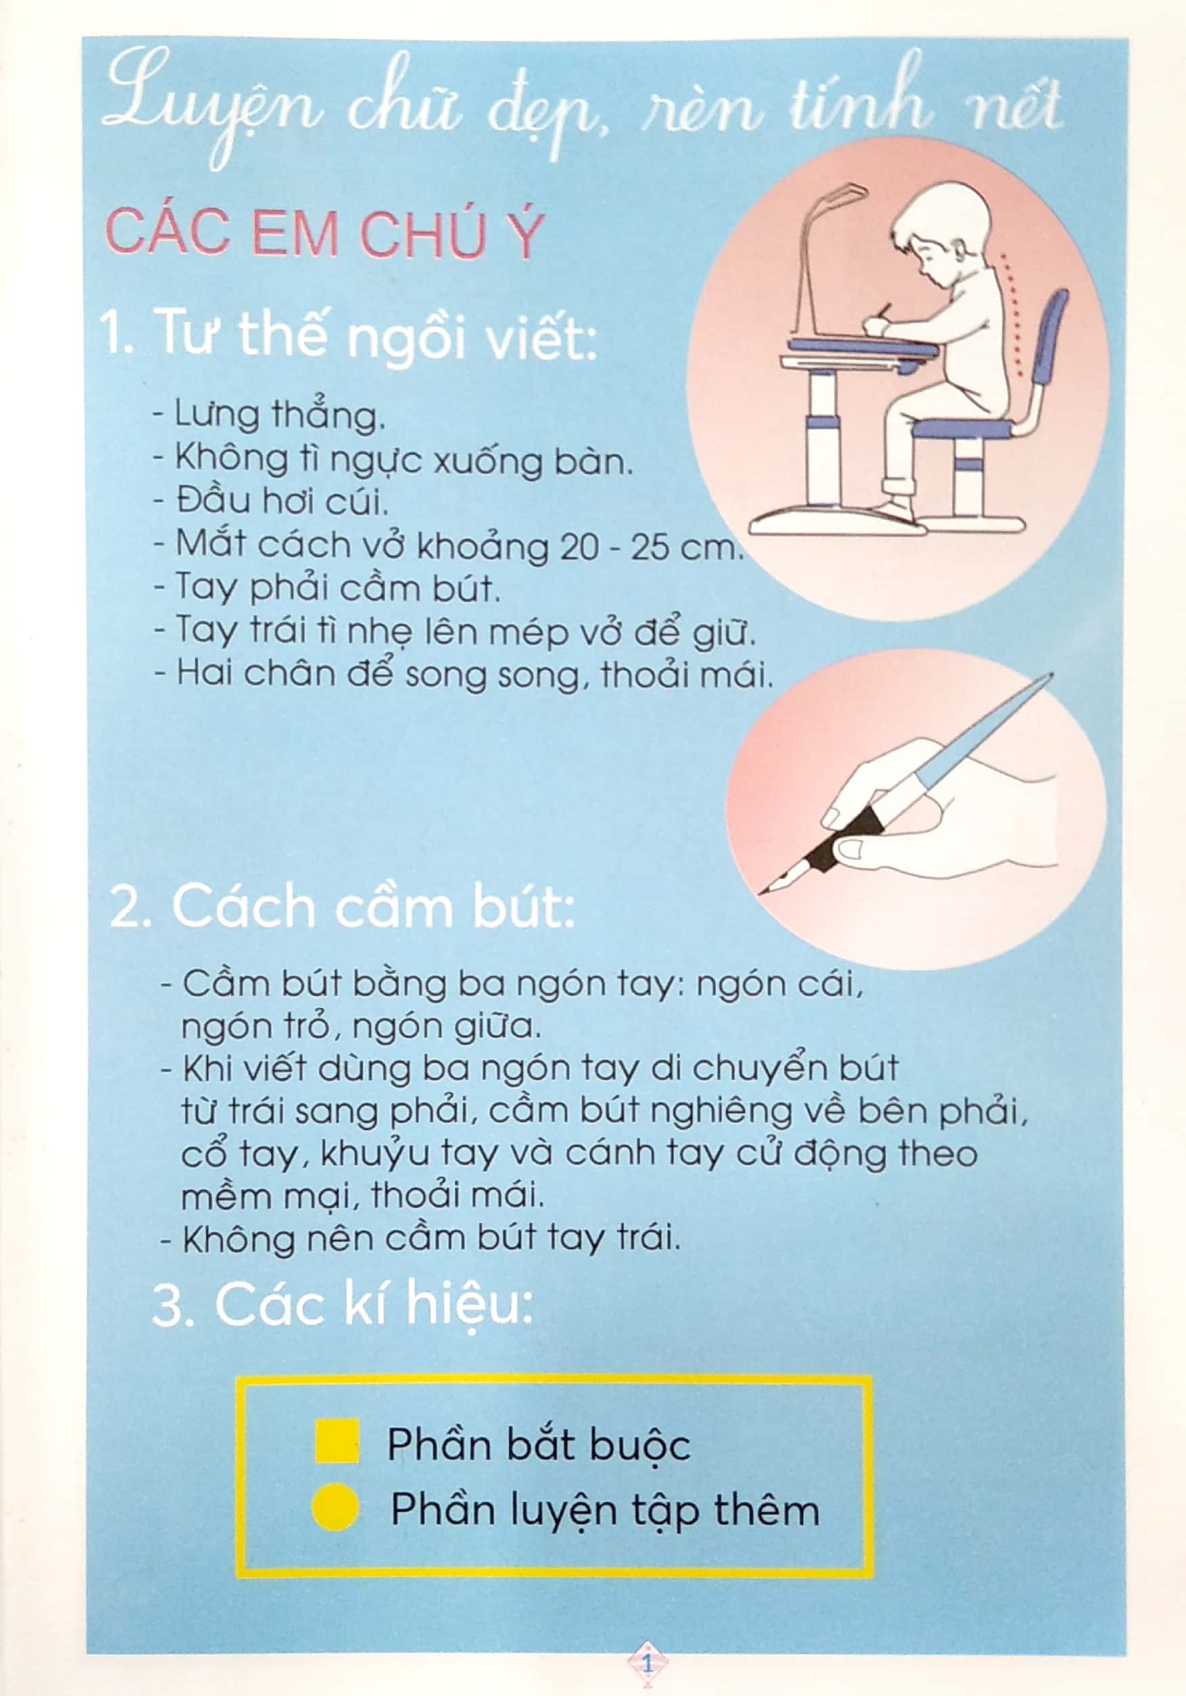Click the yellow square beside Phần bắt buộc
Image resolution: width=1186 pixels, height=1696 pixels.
(x=336, y=1441)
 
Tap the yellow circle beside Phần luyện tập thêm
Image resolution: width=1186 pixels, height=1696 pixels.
(x=335, y=1507)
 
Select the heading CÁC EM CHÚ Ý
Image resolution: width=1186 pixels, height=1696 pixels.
(x=325, y=234)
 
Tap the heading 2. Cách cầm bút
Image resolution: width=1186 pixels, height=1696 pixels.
(x=342, y=907)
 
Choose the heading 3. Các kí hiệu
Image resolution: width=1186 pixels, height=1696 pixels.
(x=342, y=1305)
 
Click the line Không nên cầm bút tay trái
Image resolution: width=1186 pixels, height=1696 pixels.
(x=421, y=1238)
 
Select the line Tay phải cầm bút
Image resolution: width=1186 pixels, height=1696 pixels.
(x=328, y=589)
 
